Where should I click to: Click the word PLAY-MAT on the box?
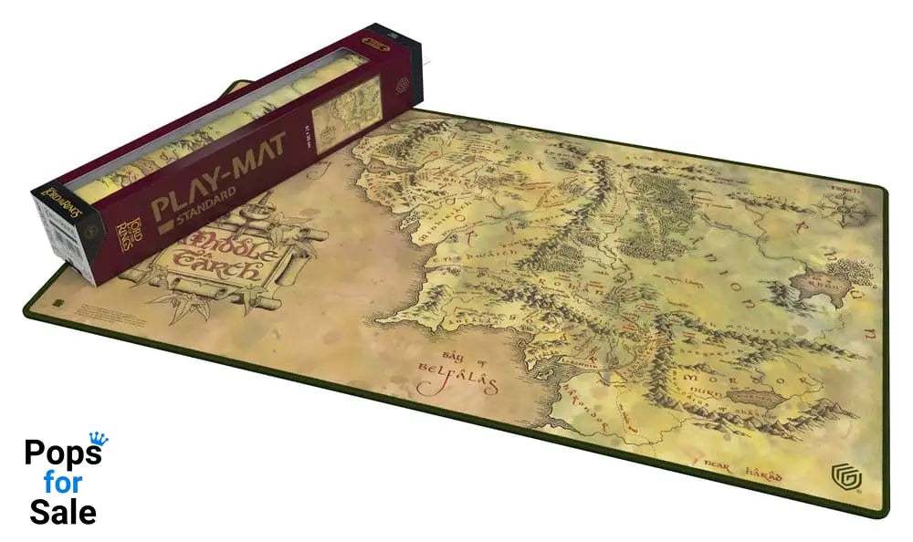tap(219, 178)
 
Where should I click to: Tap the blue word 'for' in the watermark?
tap(63, 482)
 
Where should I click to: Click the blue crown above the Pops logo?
tap(98, 439)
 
